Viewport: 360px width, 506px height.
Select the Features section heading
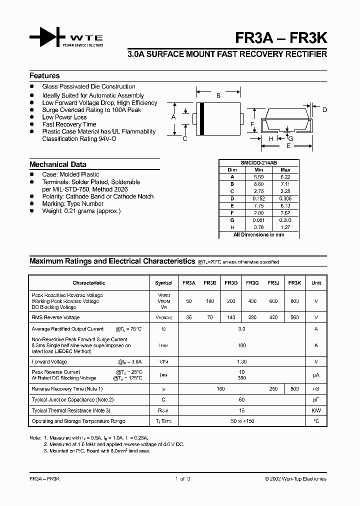click(44, 76)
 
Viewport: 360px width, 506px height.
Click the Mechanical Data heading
click(57, 164)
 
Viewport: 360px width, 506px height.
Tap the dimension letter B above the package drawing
click(218, 95)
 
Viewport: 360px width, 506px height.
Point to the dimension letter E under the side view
click(288, 146)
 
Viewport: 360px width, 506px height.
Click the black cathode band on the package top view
click(201, 118)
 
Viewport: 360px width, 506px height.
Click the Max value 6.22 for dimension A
click(285, 176)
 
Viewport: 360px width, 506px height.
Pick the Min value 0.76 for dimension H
click(258, 228)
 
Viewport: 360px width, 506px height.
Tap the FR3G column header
click(252, 283)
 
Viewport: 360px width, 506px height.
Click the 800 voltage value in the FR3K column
click(294, 301)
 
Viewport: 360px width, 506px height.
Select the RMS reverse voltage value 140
click(231, 317)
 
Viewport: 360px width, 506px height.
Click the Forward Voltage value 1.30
click(241, 361)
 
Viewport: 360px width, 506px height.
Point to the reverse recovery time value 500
click(294, 388)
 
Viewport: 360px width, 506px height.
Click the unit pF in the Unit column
click(316, 400)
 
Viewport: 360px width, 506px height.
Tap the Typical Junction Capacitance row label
click(72, 400)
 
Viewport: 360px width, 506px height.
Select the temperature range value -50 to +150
click(241, 421)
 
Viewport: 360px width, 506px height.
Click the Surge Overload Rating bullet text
click(91, 110)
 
